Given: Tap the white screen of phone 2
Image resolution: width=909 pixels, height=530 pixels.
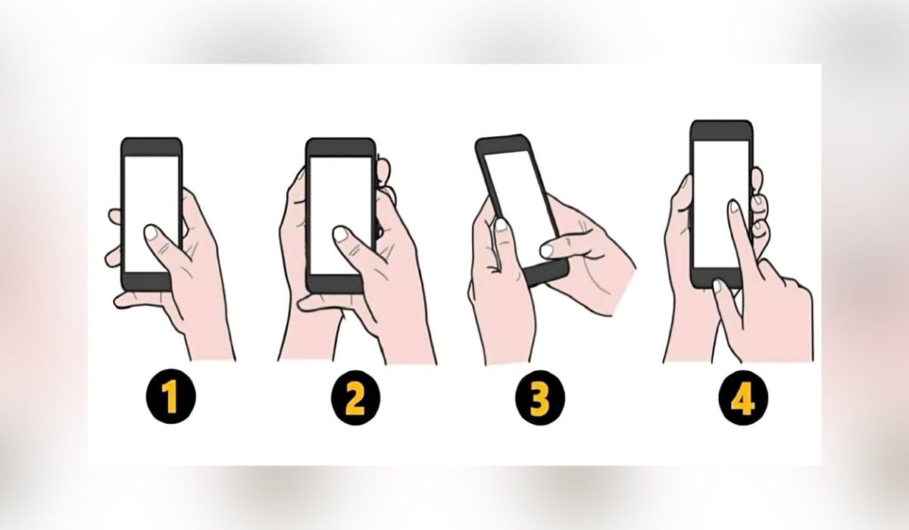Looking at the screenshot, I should coord(339,197).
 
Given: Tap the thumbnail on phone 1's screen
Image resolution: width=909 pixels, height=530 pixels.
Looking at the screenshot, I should coord(153,232).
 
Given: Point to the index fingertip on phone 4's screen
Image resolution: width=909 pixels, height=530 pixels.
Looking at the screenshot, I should coord(733,207).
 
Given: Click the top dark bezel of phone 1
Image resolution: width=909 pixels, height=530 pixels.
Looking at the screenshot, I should coord(151,146).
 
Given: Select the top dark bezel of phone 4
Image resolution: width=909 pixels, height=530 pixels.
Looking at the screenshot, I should coord(721,130).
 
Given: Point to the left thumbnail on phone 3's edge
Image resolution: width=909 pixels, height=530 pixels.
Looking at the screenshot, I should coord(501,225).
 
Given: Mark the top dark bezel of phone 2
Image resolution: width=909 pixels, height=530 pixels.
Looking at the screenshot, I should coord(340,147).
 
